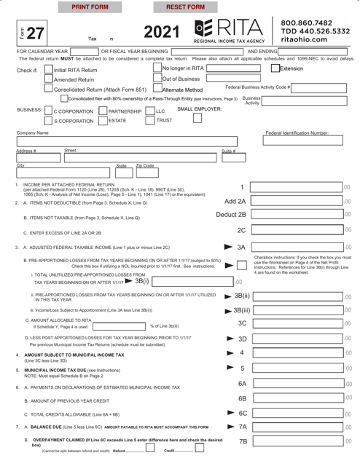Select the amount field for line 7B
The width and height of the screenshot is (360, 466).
pos(306,441)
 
